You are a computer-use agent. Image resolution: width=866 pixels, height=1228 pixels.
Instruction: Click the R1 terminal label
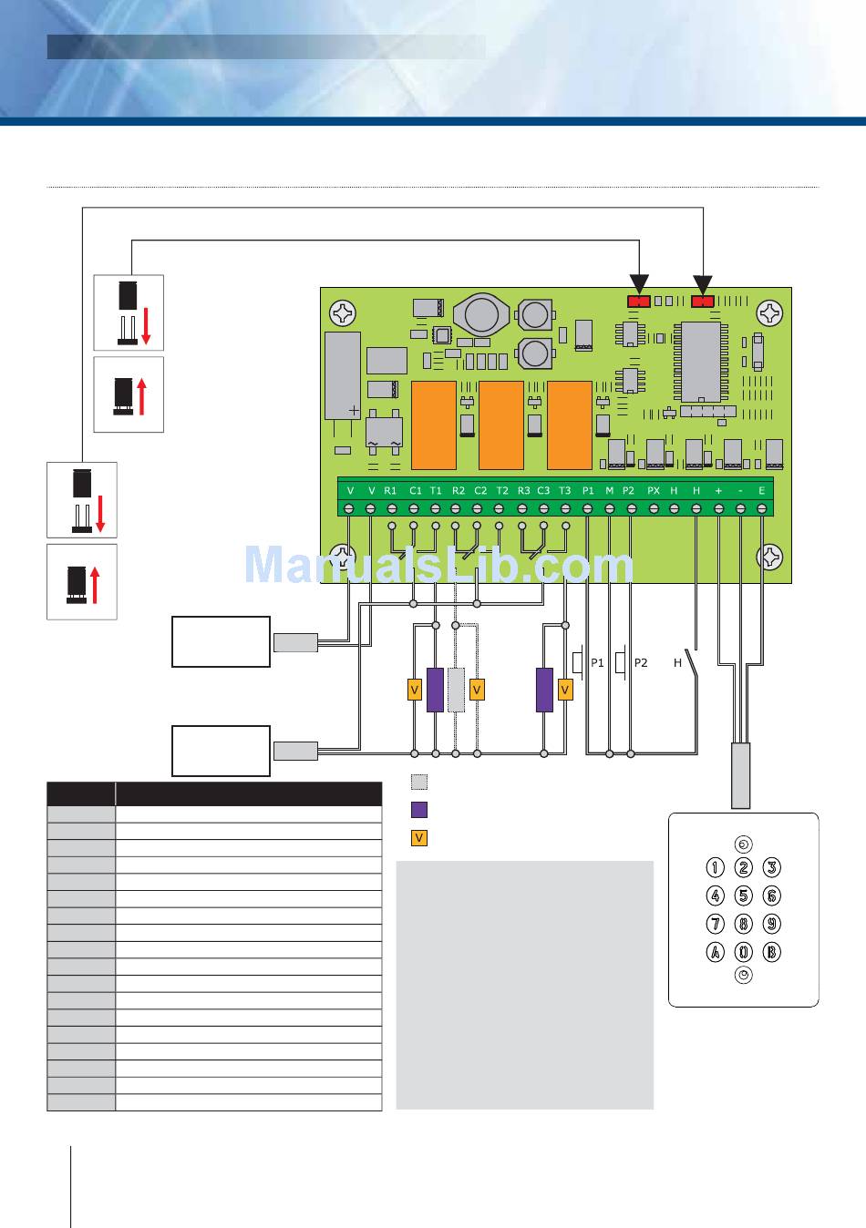(391, 490)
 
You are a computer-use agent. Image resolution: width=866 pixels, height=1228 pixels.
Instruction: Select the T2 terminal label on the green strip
(501, 490)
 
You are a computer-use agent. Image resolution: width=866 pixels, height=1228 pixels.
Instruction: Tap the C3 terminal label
(543, 490)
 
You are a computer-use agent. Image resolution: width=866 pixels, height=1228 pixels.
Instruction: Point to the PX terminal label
(653, 490)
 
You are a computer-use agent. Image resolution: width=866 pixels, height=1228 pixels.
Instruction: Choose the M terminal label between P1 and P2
(609, 490)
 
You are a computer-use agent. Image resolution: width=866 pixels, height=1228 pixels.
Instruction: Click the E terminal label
(761, 490)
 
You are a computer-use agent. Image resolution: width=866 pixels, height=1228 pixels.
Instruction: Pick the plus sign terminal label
(718, 490)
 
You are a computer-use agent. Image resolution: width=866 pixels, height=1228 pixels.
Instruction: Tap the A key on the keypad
(716, 953)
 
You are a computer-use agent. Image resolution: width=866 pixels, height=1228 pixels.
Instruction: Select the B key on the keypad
(771, 953)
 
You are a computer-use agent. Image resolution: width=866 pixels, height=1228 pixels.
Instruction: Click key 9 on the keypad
(771, 924)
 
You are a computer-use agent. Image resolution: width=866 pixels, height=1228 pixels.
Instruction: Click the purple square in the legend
(418, 809)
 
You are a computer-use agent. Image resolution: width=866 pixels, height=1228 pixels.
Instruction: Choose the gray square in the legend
(418, 782)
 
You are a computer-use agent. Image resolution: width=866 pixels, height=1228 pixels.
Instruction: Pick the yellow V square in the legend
(418, 837)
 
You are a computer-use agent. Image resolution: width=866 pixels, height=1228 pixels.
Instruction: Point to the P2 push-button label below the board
(640, 662)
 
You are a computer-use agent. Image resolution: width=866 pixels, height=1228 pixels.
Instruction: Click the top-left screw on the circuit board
(344, 313)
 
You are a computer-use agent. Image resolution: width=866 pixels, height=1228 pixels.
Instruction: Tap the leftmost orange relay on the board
(434, 425)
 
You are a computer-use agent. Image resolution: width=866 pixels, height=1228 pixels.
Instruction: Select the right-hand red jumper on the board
(703, 302)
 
